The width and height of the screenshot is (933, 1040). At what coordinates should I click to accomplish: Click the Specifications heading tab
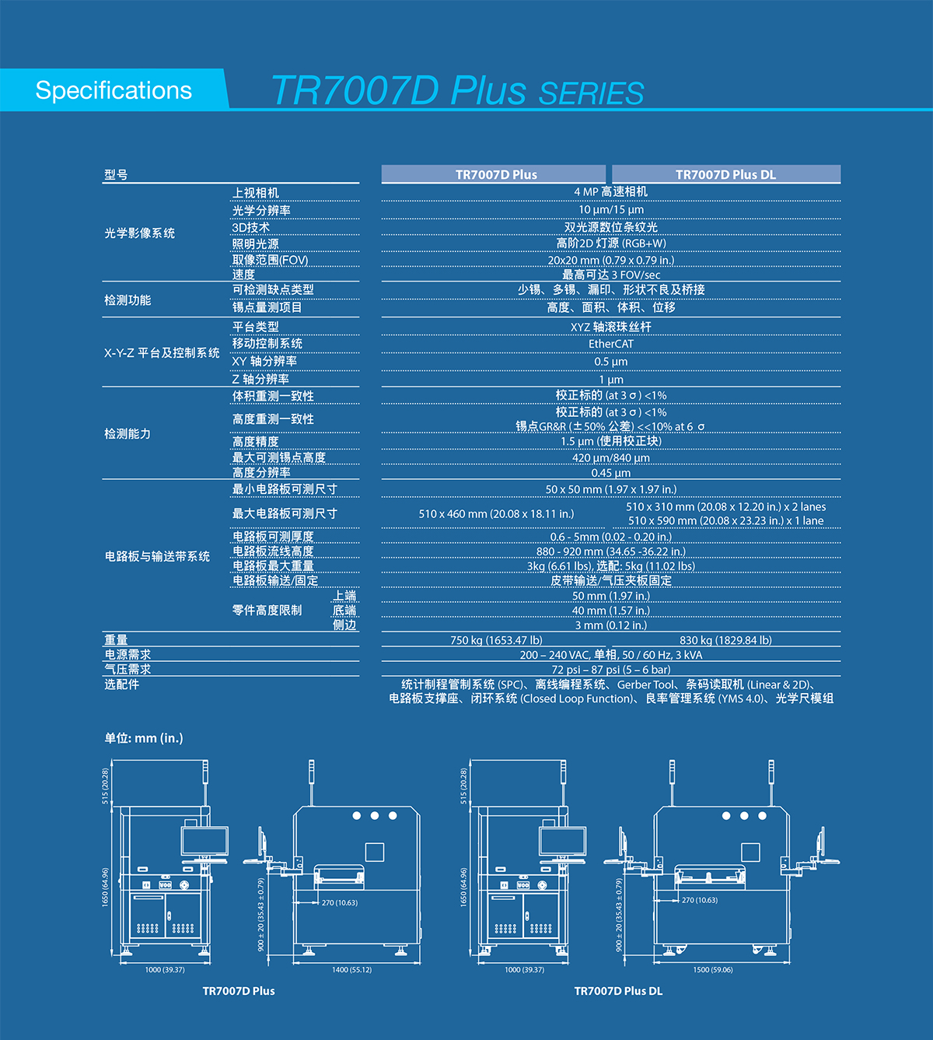[114, 90]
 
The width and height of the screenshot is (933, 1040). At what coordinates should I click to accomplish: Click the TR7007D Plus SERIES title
[457, 91]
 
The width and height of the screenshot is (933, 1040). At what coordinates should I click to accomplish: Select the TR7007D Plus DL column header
[725, 174]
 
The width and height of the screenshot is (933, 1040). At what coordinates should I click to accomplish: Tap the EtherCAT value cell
[611, 344]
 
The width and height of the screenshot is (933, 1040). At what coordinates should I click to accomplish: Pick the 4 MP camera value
[611, 192]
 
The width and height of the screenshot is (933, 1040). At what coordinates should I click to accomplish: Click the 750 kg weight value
[496, 640]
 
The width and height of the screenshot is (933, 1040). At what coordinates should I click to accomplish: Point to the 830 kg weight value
[725, 640]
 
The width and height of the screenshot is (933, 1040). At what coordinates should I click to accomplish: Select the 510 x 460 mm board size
[496, 513]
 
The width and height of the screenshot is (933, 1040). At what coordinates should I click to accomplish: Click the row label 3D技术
[251, 227]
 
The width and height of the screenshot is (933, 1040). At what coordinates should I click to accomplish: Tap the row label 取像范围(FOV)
[270, 260]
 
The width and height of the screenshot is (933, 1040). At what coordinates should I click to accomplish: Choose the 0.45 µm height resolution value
[611, 473]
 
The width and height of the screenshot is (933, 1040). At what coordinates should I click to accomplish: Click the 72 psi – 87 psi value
[611, 670]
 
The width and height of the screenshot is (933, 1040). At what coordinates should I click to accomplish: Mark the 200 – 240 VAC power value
[611, 655]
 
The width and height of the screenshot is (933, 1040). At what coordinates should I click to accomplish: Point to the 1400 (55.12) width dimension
[351, 970]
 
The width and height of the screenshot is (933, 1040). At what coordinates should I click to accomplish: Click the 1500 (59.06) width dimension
[713, 970]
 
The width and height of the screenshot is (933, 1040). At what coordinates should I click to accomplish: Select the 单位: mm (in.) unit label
[144, 737]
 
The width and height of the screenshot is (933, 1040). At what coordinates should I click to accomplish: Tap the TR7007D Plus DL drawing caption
[618, 991]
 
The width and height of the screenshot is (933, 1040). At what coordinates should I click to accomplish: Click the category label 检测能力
[128, 433]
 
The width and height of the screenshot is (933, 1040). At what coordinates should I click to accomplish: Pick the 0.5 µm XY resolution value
[611, 362]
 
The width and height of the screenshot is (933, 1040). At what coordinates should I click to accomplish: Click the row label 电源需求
[128, 655]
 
